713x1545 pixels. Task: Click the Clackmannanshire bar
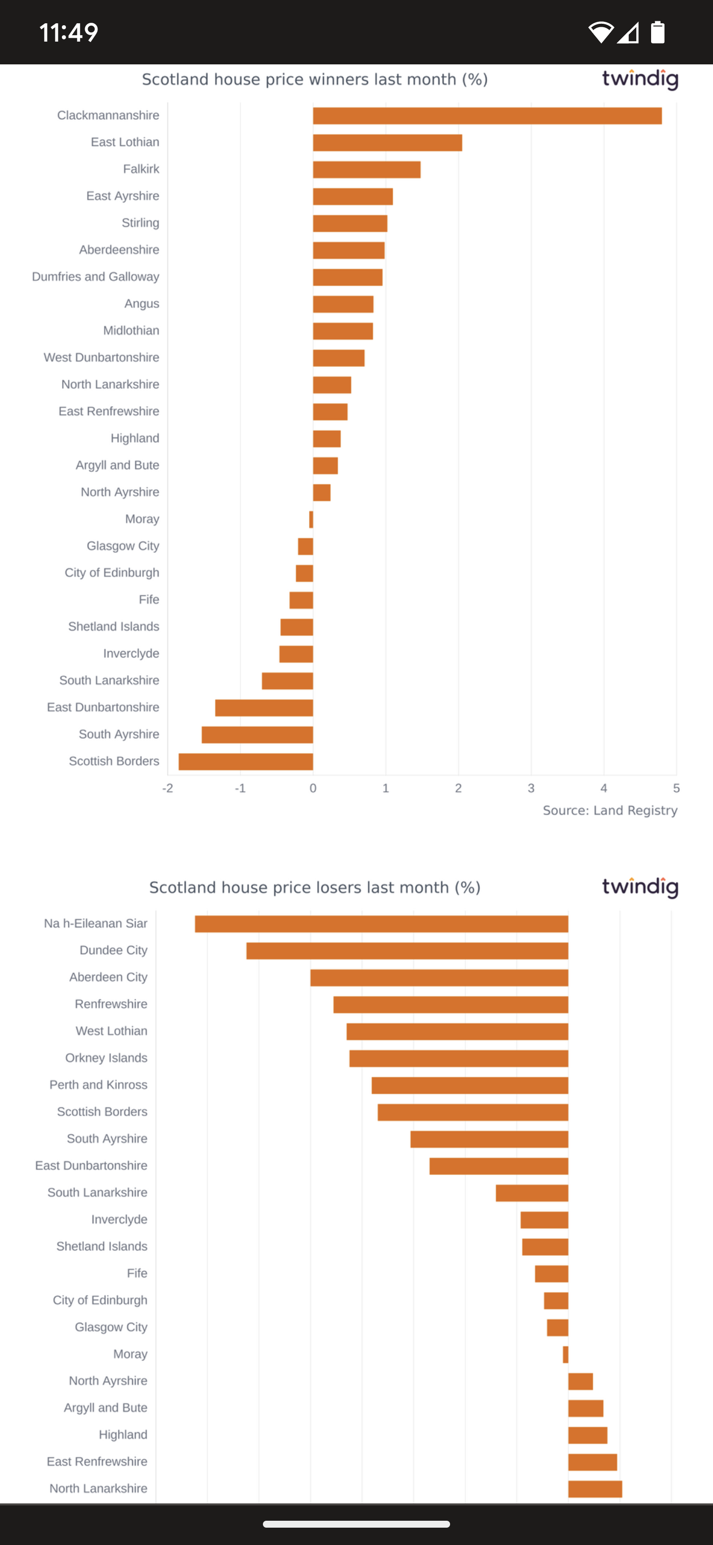click(487, 116)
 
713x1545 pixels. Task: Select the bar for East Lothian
click(387, 143)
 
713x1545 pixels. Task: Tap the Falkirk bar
click(366, 170)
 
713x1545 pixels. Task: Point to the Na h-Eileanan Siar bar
click(381, 924)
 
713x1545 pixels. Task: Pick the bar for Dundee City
click(407, 951)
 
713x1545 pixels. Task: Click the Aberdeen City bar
click(439, 978)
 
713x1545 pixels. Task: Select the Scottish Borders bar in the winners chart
click(246, 762)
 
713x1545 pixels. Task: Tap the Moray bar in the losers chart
click(565, 1354)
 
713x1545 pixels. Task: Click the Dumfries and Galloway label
click(96, 276)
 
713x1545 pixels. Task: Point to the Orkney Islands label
click(106, 1058)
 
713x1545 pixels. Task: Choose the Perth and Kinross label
click(99, 1085)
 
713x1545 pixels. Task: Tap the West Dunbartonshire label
click(102, 358)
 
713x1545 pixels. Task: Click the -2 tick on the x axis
click(167, 788)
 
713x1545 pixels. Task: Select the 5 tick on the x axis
click(676, 788)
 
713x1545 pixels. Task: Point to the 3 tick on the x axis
click(531, 788)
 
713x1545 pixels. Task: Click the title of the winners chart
click(315, 80)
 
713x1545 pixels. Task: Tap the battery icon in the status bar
click(658, 32)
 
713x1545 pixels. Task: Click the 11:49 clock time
click(68, 32)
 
